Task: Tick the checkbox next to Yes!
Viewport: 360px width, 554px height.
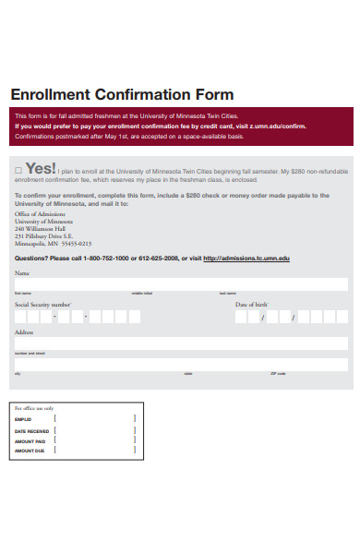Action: tap(18, 171)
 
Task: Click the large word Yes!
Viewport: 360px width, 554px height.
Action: tap(42, 169)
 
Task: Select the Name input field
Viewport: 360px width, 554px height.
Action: tap(180, 284)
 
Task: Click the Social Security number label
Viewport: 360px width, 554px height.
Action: tap(42, 304)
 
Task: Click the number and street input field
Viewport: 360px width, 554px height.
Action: tap(180, 343)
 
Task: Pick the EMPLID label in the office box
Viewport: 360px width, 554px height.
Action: tap(24, 418)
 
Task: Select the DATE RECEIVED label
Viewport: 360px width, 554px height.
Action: tap(32, 429)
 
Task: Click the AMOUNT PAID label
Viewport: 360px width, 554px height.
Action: tap(30, 440)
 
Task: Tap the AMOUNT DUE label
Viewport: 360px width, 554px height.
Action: tap(30, 451)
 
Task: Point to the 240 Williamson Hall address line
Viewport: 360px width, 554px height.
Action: tap(40, 228)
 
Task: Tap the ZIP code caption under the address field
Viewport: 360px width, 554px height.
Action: tap(278, 373)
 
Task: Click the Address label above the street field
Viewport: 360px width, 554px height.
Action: tap(24, 331)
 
